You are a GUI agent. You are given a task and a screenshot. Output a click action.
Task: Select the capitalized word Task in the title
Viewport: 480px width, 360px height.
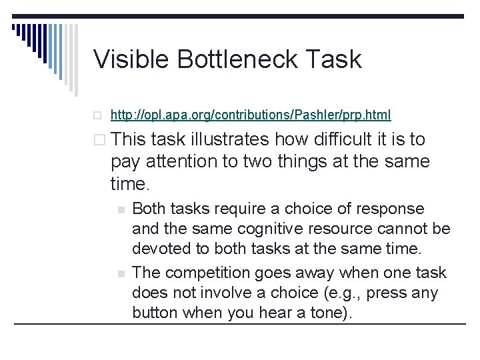tap(335, 59)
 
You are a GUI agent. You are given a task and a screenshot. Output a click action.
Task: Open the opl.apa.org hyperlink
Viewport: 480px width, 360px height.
tap(251, 115)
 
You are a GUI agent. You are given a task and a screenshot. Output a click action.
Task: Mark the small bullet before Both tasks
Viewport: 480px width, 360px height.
tap(121, 209)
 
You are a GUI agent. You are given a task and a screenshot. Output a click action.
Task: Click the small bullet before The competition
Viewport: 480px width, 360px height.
tap(121, 273)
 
